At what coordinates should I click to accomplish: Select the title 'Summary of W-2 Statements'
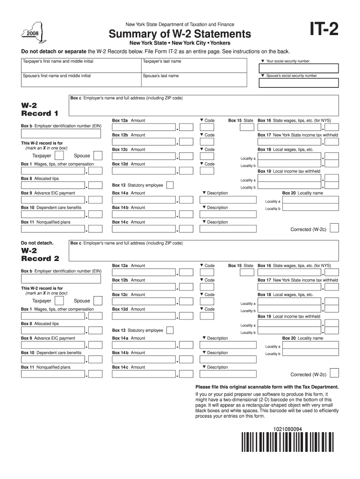[x=180, y=34]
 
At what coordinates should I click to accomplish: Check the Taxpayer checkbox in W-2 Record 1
[x=59, y=156]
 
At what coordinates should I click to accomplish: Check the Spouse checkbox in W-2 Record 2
[x=98, y=301]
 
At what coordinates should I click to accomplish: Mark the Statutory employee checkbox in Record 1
[x=170, y=185]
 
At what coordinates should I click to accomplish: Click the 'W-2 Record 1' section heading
[x=40, y=109]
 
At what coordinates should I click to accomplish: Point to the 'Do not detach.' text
[x=37, y=243]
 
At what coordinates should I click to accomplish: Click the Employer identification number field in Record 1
[x=61, y=134]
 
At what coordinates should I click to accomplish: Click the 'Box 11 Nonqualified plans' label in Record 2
[x=46, y=367]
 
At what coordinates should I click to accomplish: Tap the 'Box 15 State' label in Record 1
[x=240, y=121]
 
